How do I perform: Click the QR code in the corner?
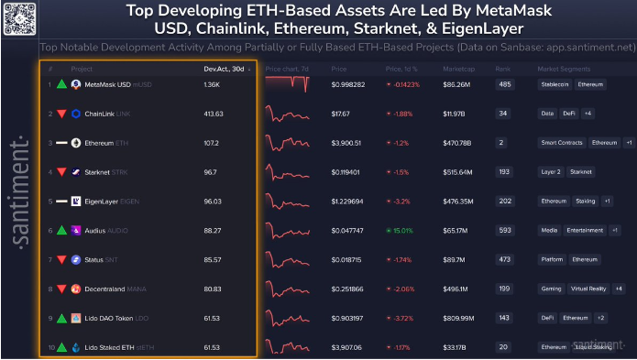(x=18, y=18)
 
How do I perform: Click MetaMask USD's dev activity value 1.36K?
(x=212, y=84)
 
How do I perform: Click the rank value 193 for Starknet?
(x=503, y=172)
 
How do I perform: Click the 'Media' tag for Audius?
(x=549, y=230)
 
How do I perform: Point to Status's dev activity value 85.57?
(x=214, y=259)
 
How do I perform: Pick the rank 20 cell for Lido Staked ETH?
(x=503, y=347)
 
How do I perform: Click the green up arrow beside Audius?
(x=60, y=231)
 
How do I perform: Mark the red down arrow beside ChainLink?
(x=60, y=114)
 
